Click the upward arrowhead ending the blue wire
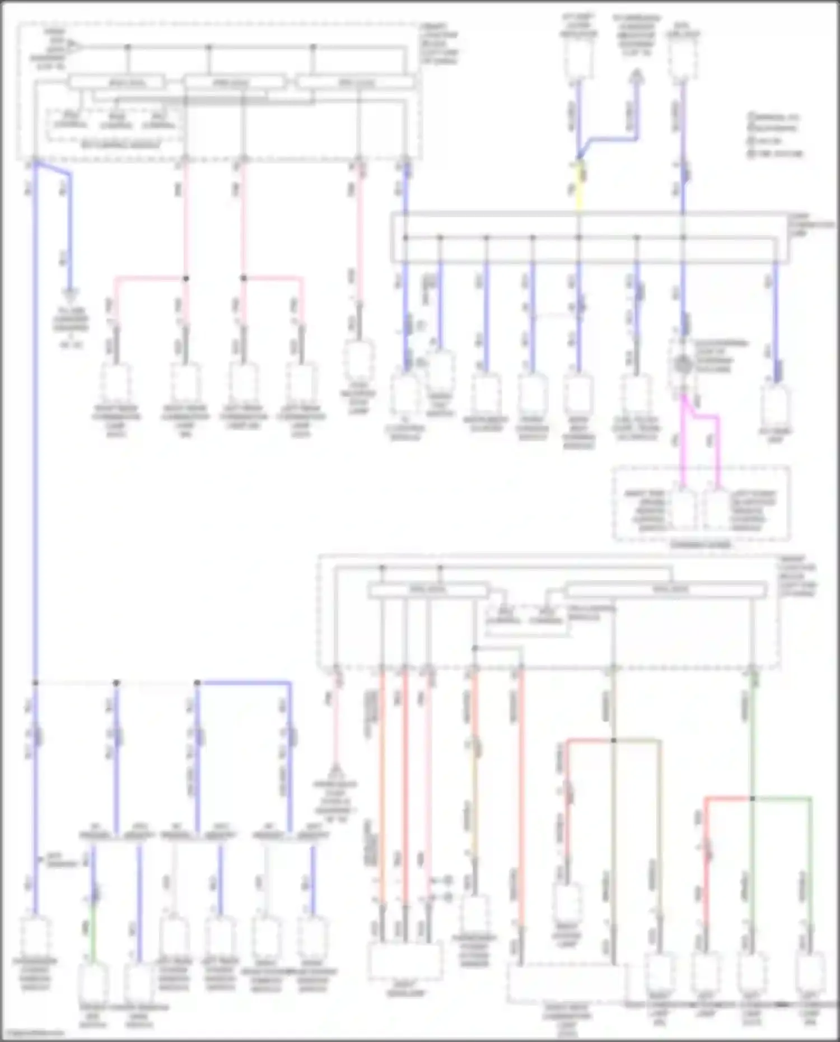(x=636, y=75)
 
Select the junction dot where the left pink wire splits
(x=186, y=278)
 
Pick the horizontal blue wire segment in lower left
(x=244, y=683)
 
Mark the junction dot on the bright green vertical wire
(x=752, y=798)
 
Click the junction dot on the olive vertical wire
(x=613, y=740)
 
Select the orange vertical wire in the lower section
(x=382, y=784)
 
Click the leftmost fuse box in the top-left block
(x=116, y=83)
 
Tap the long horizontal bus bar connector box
(x=591, y=238)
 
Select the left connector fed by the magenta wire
(x=683, y=510)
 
